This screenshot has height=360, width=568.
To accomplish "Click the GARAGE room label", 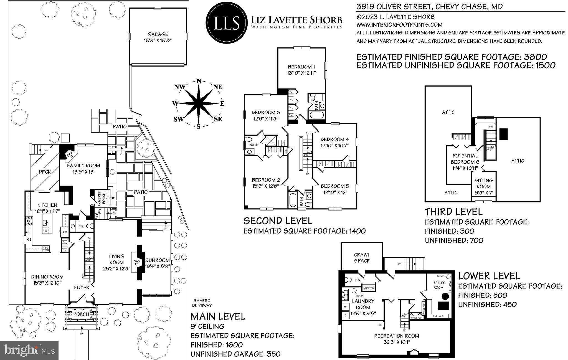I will pyautogui.click(x=158, y=34).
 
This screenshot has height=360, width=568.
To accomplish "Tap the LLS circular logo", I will pyautogui.click(x=226, y=22).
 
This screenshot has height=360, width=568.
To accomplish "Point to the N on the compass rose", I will pyautogui.click(x=199, y=81).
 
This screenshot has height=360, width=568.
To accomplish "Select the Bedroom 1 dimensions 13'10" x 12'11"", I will pyautogui.click(x=301, y=73).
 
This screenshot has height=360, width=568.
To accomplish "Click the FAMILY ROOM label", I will pyautogui.click(x=83, y=166).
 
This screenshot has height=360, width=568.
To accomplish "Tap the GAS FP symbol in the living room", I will pyautogui.click(x=136, y=262).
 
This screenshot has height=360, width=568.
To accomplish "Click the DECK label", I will pyautogui.click(x=45, y=172).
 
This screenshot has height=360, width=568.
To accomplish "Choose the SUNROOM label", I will pyautogui.click(x=157, y=260).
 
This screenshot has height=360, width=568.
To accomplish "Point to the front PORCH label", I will pyautogui.click(x=81, y=314).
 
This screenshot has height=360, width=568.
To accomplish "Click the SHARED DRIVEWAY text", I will pyautogui.click(x=202, y=303).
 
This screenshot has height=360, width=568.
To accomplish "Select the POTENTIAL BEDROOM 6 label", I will pyautogui.click(x=465, y=159).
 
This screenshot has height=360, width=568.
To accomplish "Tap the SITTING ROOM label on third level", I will pyautogui.click(x=484, y=183).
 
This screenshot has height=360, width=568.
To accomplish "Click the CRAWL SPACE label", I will pyautogui.click(x=362, y=258).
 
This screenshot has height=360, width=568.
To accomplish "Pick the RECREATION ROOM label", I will pyautogui.click(x=397, y=336).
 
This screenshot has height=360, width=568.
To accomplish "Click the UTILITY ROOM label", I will pyautogui.click(x=438, y=285).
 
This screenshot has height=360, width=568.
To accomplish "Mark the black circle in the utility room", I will pyautogui.click(x=445, y=296).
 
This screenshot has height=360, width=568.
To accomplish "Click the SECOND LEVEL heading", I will pyautogui.click(x=278, y=221).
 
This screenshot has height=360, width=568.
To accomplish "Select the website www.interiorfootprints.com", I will pyautogui.click(x=399, y=25).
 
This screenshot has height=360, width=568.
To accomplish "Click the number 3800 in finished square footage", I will pyautogui.click(x=535, y=57).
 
